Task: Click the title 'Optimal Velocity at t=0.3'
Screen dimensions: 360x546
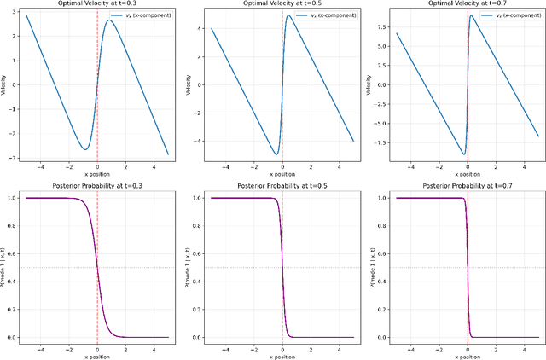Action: pos(96,4)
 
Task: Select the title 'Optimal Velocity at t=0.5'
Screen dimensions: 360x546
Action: pos(282,4)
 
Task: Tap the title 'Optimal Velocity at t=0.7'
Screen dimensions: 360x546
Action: pos(467,4)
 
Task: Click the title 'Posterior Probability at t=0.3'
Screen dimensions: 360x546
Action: pos(96,186)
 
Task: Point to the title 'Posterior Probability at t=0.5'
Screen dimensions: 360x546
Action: pos(282,186)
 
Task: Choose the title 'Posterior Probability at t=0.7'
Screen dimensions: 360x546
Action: pos(467,186)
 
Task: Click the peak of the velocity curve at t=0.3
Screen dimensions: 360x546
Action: pos(108,20)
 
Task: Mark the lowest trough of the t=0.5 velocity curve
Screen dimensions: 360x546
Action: pos(276,154)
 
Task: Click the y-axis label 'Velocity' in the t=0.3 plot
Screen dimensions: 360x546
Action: pos(4,85)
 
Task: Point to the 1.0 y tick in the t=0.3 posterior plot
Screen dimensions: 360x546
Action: pos(12,198)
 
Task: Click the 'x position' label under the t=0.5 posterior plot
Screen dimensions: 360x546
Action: pos(282,356)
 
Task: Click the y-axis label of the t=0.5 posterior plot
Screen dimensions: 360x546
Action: pos(189,267)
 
